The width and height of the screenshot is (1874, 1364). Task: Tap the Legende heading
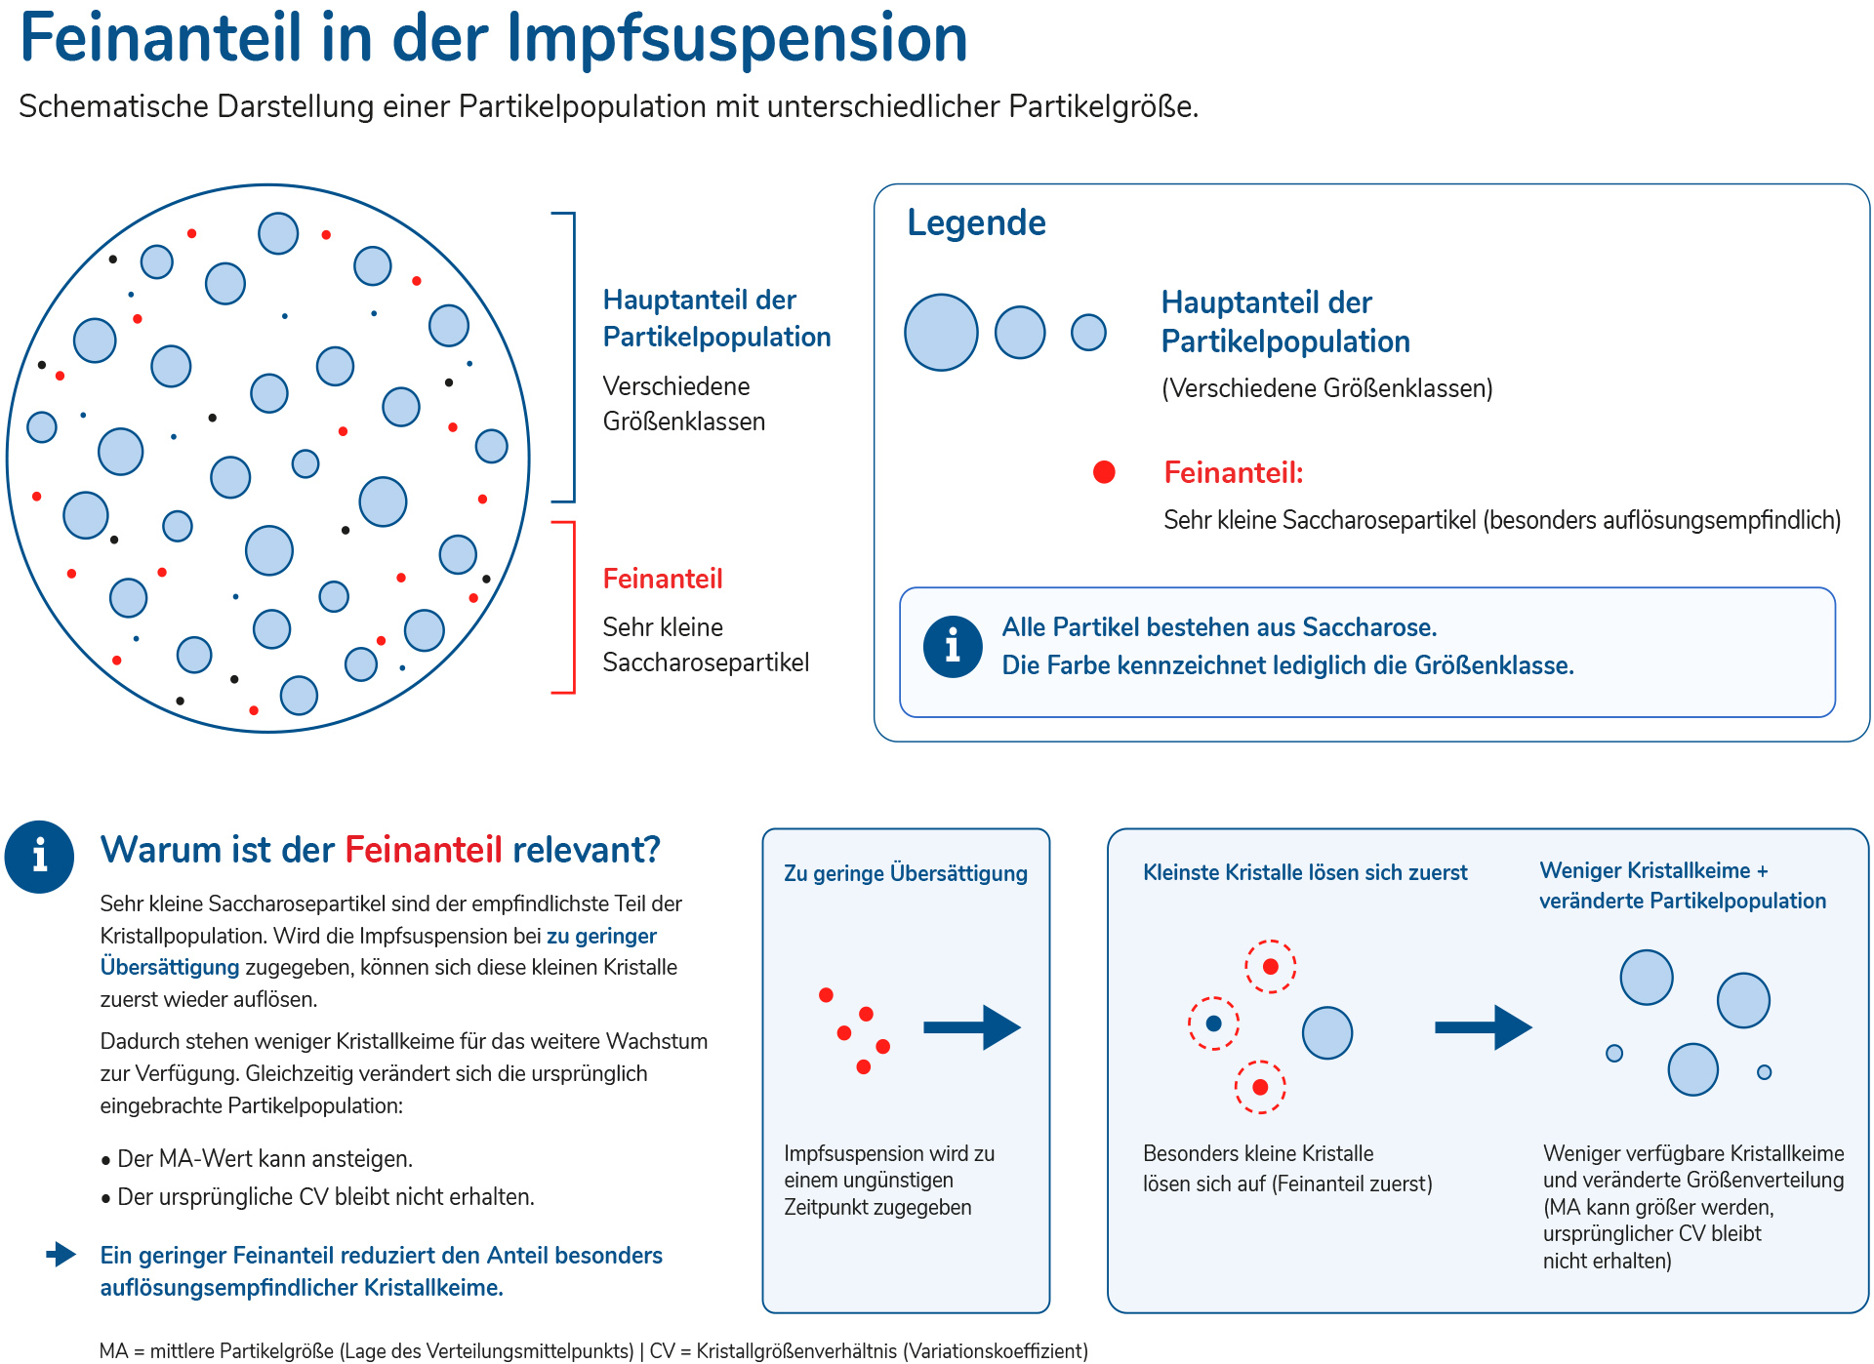click(976, 222)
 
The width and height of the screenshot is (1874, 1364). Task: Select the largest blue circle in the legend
click(941, 333)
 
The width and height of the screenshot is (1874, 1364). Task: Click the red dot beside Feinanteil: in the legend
click(1104, 472)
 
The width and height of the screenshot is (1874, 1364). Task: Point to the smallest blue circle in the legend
click(1088, 332)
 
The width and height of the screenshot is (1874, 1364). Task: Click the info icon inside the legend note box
click(953, 646)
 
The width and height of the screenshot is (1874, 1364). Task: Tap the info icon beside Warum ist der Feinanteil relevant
click(39, 857)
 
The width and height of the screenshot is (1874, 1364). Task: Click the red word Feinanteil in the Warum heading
click(424, 850)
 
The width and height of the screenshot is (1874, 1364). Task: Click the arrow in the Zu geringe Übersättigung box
click(972, 1027)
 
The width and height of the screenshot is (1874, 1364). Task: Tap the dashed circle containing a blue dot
click(1213, 1023)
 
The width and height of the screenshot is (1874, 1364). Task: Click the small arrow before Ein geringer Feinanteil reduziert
click(61, 1254)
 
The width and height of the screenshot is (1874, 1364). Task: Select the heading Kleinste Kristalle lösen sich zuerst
click(1305, 872)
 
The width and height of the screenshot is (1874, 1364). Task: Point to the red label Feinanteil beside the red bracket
click(663, 579)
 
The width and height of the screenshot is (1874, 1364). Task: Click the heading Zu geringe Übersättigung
click(906, 873)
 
